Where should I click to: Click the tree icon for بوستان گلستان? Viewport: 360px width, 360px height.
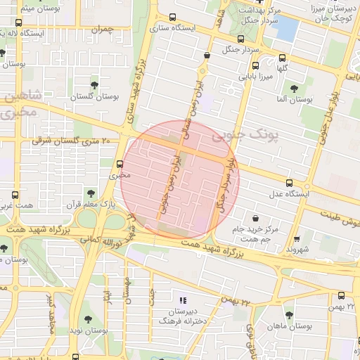pyautogui.click(x=94, y=84)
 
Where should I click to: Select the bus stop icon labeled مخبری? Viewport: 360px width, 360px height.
pyautogui.click(x=120, y=165)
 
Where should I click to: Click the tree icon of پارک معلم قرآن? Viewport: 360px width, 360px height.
pyautogui.click(x=89, y=192)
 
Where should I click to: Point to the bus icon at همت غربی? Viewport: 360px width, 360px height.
pyautogui.click(x=16, y=195)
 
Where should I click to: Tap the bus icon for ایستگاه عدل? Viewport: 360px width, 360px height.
pyautogui.click(x=289, y=183)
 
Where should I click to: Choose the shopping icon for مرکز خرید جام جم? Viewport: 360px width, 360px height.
pyautogui.click(x=254, y=218)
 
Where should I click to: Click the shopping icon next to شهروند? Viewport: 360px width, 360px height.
pyautogui.click(x=297, y=238)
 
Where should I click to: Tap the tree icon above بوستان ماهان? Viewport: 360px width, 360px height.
pyautogui.click(x=289, y=315)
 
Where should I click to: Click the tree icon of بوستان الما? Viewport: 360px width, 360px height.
pyautogui.click(x=294, y=89)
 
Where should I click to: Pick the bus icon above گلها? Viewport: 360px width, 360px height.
pyautogui.click(x=282, y=58)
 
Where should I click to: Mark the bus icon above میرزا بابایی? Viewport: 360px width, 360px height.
pyautogui.click(x=255, y=65)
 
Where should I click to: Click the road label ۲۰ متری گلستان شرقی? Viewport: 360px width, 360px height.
pyautogui.click(x=71, y=141)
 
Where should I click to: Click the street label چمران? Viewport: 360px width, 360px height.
pyautogui.click(x=101, y=30)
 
